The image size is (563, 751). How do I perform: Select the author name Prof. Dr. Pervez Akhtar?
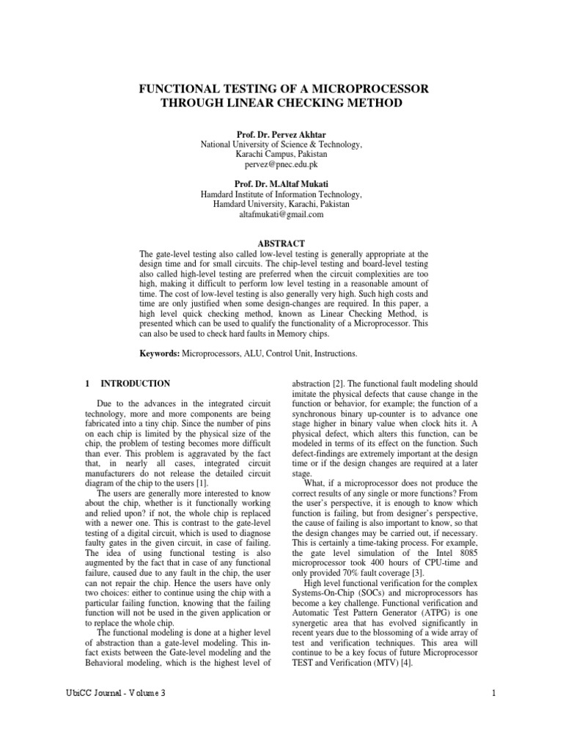281,134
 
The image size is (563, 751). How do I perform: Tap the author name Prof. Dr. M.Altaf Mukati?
281,183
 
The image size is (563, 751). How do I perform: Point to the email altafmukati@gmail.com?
281,215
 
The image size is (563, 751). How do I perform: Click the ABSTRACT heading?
281,243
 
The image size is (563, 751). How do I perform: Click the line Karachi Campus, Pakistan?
281,155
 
